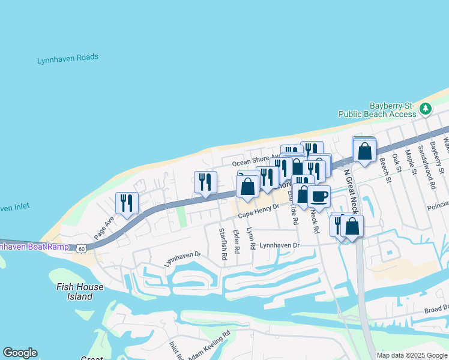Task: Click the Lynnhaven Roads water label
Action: pos(68,59)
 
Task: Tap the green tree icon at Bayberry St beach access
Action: pos(426,109)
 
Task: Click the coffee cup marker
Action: pos(319,196)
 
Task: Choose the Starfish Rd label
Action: pos(223,244)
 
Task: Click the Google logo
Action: pos(20,353)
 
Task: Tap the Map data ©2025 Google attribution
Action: pos(412,355)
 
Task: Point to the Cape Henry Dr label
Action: pos(259,211)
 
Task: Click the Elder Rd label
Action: pos(237,241)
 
